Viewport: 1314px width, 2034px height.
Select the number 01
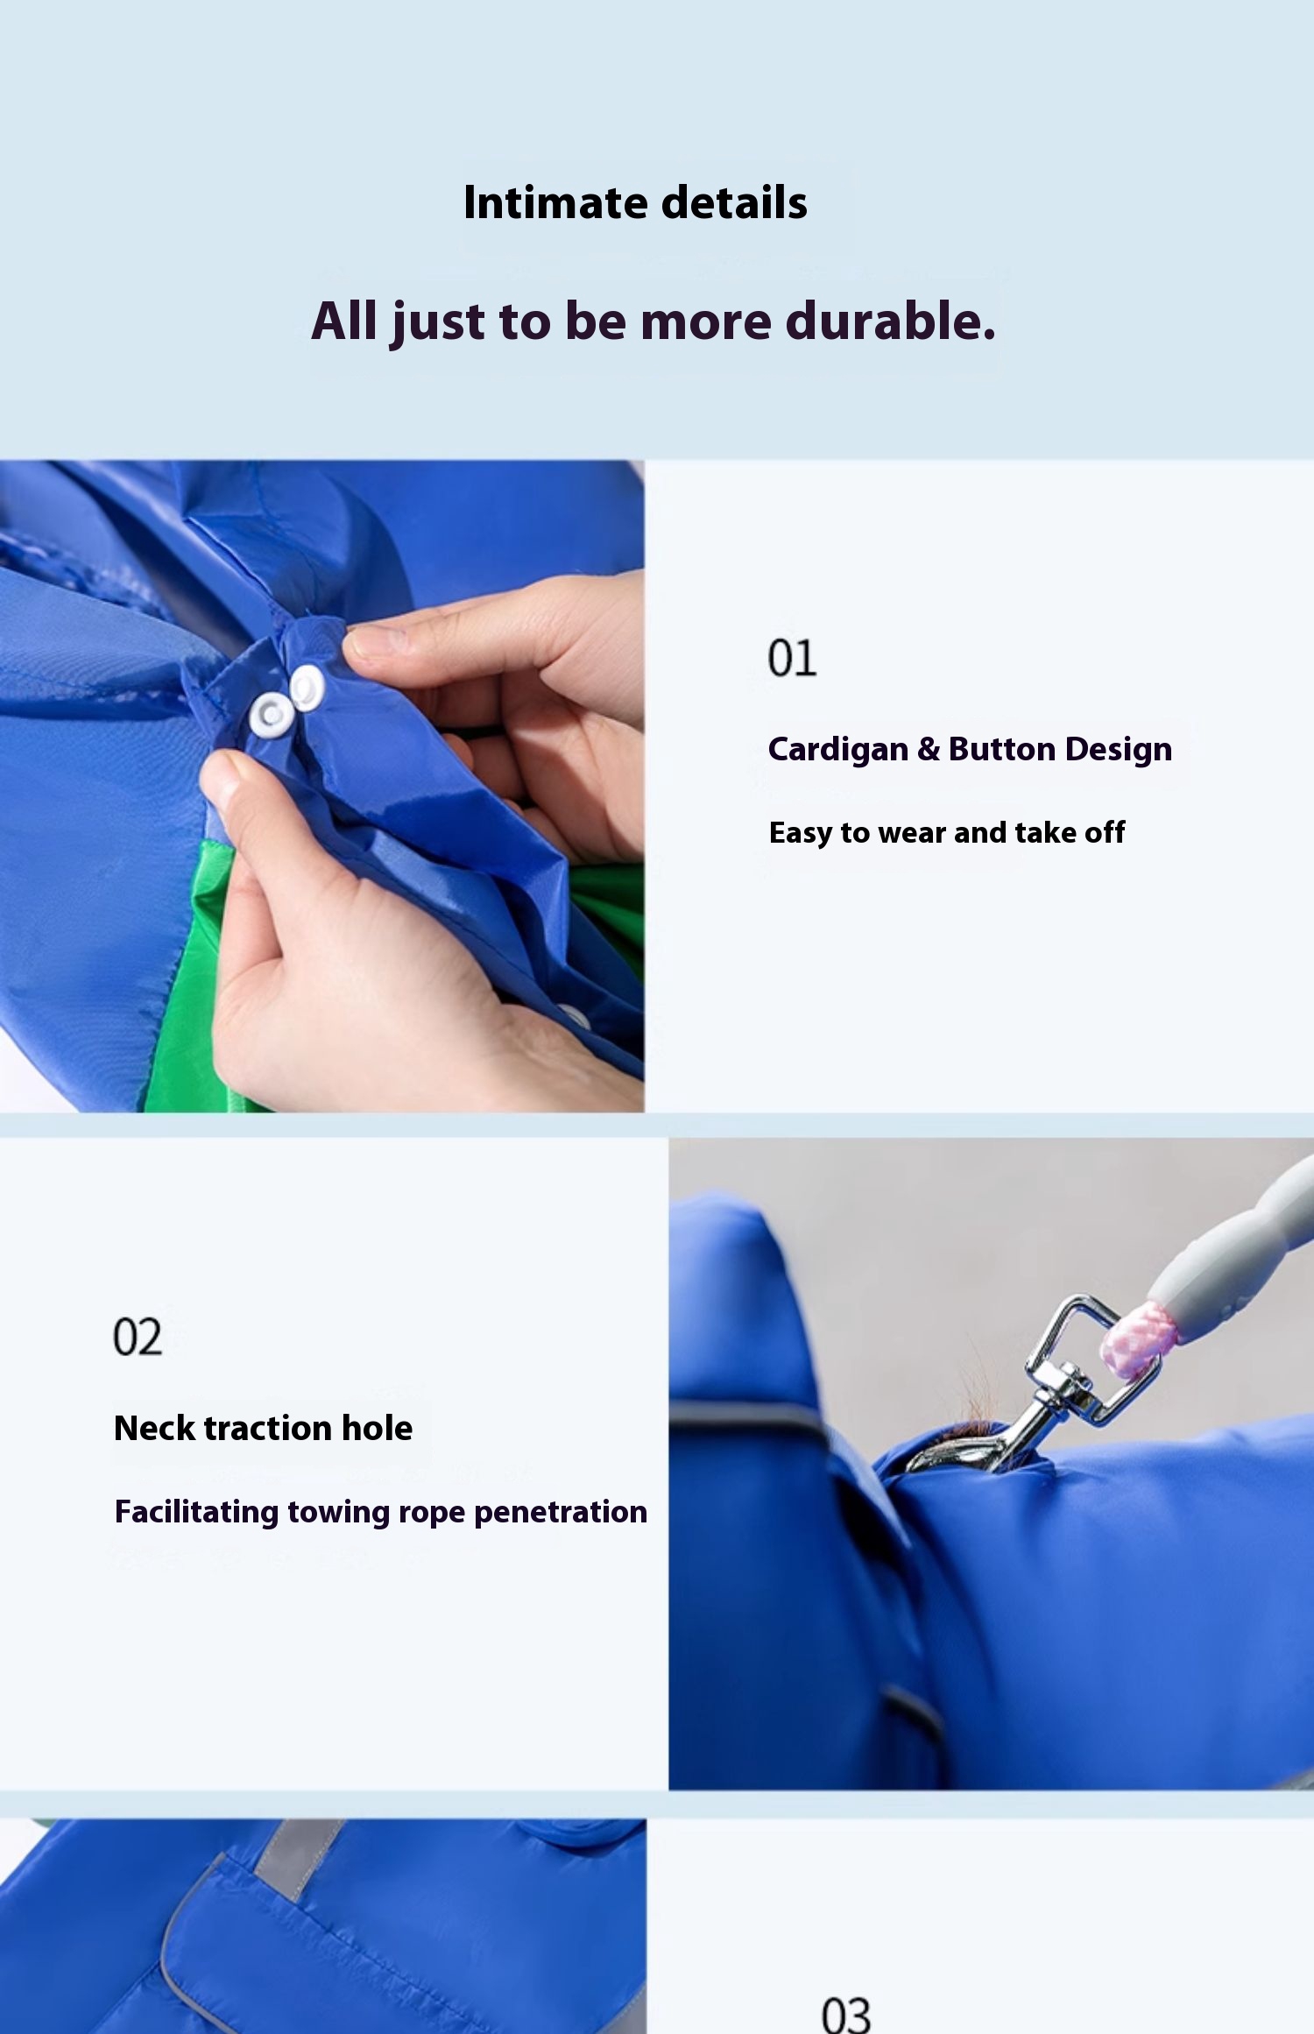(792, 658)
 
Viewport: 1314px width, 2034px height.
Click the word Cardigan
(838, 751)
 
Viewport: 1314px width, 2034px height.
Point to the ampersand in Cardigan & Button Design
(929, 750)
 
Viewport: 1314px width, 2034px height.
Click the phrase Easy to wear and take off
(947, 832)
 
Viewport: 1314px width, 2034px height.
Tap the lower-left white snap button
(272, 714)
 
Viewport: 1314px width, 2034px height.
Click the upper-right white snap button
(307, 686)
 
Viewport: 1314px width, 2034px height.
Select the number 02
(138, 1338)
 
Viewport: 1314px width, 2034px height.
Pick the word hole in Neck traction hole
(377, 1428)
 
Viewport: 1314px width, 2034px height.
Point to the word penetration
(561, 1513)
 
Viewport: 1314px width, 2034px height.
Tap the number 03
(846, 2015)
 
